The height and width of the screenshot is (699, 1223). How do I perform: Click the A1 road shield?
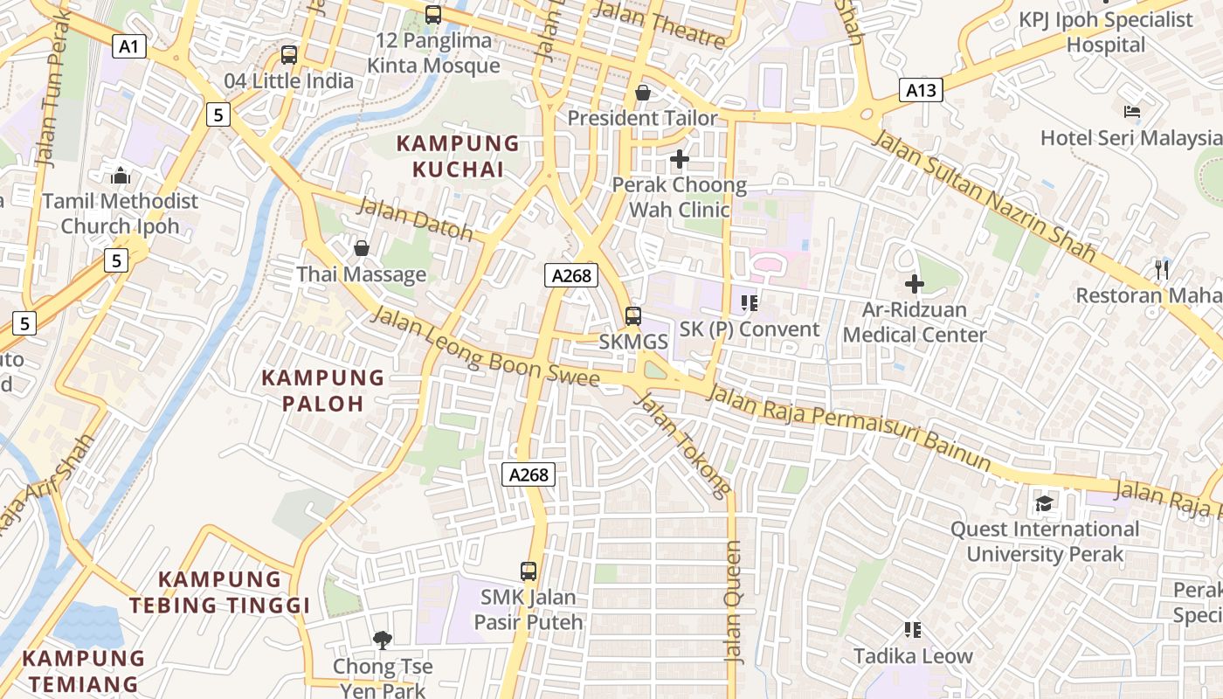(128, 46)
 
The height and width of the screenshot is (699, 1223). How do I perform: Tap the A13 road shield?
(921, 89)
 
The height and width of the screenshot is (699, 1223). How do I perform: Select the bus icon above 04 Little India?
(289, 55)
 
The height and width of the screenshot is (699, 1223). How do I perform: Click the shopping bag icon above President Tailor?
(643, 92)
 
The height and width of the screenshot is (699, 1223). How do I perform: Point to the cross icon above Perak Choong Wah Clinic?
(679, 159)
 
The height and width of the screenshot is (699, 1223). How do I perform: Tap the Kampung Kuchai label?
(458, 156)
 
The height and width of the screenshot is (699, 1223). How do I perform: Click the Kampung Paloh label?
(323, 391)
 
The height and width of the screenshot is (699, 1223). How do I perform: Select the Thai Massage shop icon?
(361, 249)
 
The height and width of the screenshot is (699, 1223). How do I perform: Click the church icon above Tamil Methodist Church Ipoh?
(121, 176)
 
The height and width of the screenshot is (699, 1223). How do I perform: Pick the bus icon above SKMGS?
(633, 316)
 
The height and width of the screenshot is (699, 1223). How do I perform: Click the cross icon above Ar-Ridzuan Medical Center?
(915, 284)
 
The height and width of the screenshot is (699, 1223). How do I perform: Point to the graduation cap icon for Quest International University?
(1044, 503)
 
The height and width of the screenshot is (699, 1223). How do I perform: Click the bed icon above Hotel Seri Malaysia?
(1132, 112)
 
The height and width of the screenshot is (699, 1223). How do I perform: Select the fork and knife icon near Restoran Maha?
(1162, 269)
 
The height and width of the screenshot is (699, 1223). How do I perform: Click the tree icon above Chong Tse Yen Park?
(382, 640)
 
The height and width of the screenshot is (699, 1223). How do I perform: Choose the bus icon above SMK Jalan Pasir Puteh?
(529, 571)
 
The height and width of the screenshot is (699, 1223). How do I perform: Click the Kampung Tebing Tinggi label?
(220, 592)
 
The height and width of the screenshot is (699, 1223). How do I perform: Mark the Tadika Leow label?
(913, 656)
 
